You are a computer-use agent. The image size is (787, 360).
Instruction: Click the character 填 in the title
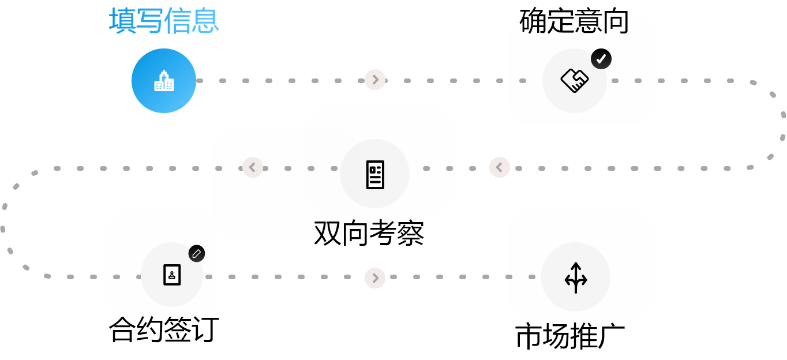[122, 21]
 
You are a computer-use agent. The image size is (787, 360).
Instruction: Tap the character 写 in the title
[150, 21]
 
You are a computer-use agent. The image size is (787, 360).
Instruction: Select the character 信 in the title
[178, 21]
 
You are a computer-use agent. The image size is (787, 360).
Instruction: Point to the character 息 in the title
[205, 21]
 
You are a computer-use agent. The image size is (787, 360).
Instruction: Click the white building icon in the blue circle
[164, 81]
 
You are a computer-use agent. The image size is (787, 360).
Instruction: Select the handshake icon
[575, 81]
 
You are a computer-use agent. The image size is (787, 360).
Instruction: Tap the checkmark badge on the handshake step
[601, 59]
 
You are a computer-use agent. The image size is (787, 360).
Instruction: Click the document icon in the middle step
[375, 174]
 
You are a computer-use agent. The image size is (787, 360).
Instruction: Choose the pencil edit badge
[197, 254]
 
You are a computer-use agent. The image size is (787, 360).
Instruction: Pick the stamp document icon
[172, 275]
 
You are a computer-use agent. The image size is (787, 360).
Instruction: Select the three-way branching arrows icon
[576, 277]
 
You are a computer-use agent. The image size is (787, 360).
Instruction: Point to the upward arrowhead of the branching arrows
[576, 266]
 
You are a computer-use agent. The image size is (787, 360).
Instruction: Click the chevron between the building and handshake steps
[375, 80]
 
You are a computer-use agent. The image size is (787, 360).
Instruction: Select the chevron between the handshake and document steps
[500, 167]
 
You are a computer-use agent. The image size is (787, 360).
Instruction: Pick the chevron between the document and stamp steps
[253, 167]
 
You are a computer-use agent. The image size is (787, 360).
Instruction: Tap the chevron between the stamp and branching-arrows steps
[375, 278]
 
